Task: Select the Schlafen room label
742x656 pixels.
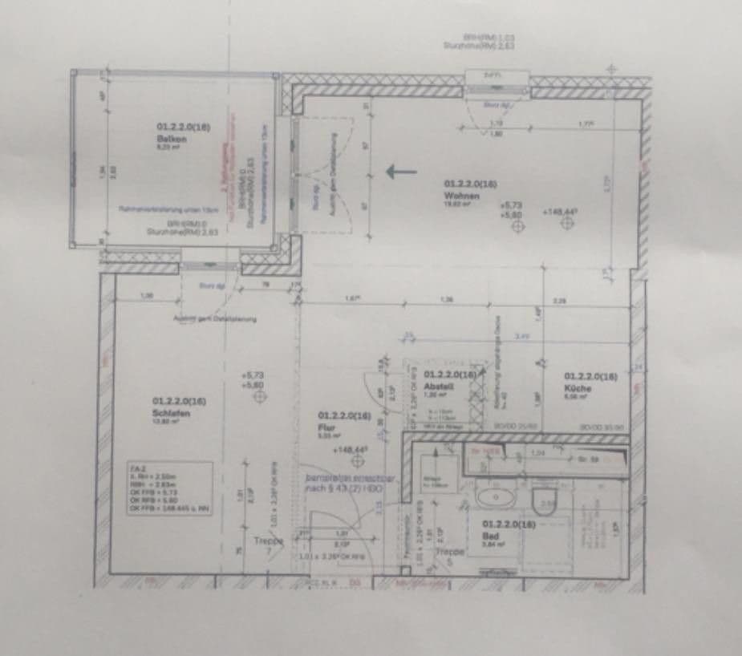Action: (x=170, y=414)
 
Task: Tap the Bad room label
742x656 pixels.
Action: (x=491, y=532)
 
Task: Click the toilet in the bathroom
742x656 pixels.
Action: (x=545, y=499)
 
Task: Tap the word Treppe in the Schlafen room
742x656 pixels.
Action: (x=270, y=541)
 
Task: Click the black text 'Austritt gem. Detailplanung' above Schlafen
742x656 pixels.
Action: (x=214, y=318)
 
